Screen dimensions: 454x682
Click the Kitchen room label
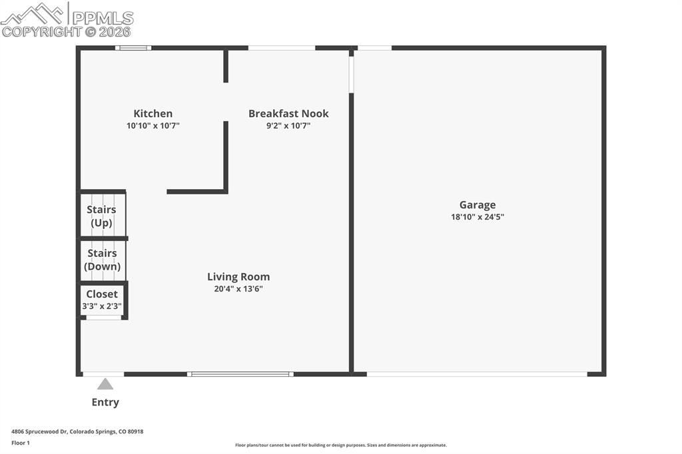pyautogui.click(x=153, y=114)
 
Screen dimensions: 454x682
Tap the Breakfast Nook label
pyautogui.click(x=288, y=114)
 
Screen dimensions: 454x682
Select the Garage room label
pyautogui.click(x=478, y=205)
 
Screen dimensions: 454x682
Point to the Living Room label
pyautogui.click(x=238, y=277)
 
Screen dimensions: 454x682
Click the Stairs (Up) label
pyautogui.click(x=101, y=216)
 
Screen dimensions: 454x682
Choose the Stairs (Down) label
pyautogui.click(x=102, y=260)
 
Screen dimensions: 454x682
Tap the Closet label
pyautogui.click(x=102, y=294)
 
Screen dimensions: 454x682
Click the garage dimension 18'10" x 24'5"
pyautogui.click(x=478, y=217)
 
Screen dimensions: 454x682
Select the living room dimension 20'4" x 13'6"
pyautogui.click(x=238, y=289)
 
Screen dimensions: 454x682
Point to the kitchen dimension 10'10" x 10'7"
pyautogui.click(x=153, y=125)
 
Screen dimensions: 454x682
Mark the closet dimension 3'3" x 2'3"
pyautogui.click(x=102, y=306)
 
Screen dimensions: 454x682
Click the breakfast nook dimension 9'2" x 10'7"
pyautogui.click(x=288, y=125)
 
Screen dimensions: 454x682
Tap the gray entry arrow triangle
pyautogui.click(x=105, y=383)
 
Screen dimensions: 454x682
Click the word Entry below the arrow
pyautogui.click(x=105, y=402)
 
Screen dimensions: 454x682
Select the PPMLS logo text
pyautogui.click(x=102, y=18)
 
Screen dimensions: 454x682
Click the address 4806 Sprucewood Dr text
pyautogui.click(x=77, y=431)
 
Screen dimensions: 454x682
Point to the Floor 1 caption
pyautogui.click(x=21, y=443)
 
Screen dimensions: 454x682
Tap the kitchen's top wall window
pyautogui.click(x=133, y=48)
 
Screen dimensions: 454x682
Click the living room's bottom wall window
pyautogui.click(x=240, y=374)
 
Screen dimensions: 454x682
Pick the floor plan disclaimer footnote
pyautogui.click(x=340, y=445)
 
